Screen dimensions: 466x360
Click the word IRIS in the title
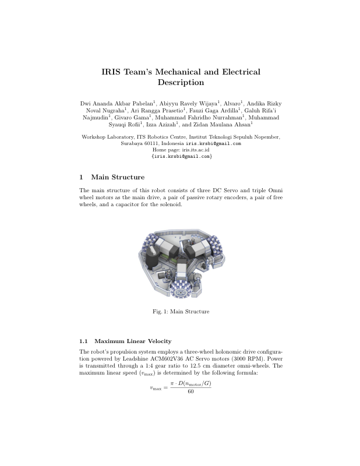tap(113, 72)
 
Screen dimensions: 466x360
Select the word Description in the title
tap(181, 83)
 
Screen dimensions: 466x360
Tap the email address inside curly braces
tap(181, 156)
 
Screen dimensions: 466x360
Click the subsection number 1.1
tap(83, 341)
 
